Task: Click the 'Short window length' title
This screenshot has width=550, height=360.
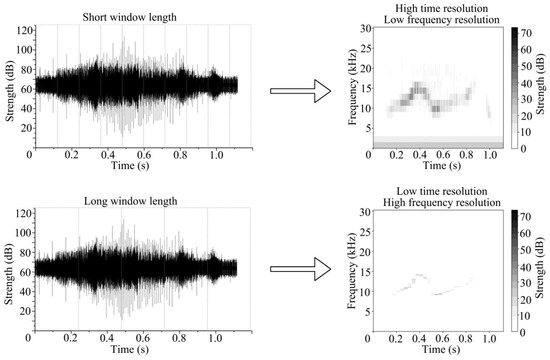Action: click(136, 12)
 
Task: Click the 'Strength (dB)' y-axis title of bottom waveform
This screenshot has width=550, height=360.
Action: click(7, 269)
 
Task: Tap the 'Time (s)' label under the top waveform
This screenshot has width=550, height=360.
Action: click(136, 167)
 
